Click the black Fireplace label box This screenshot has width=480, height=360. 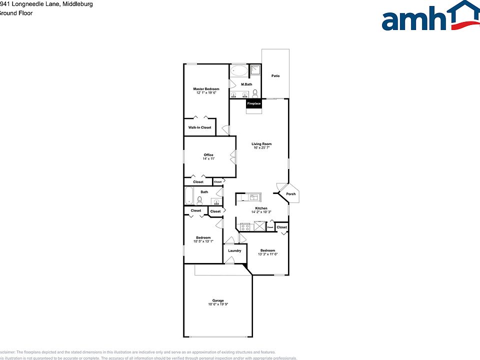pyautogui.click(x=253, y=103)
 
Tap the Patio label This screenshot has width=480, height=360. pyautogui.click(x=275, y=76)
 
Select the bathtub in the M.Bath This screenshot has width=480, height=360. pyautogui.click(x=239, y=71)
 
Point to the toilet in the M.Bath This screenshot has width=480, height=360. pyautogui.click(x=255, y=93)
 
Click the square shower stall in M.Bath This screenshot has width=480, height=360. pyautogui.click(x=255, y=70)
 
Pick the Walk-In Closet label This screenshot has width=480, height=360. pyautogui.click(x=199, y=127)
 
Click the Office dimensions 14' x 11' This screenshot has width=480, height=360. pyautogui.click(x=208, y=158)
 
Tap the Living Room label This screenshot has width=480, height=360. pyautogui.click(x=261, y=144)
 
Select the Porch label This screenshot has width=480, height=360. pyautogui.click(x=290, y=194)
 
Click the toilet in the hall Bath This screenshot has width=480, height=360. pyautogui.click(x=199, y=200)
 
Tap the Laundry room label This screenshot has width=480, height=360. pyautogui.click(x=234, y=250)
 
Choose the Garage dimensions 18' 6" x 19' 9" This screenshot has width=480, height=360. pyautogui.click(x=217, y=304)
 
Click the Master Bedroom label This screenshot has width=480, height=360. pyautogui.click(x=206, y=89)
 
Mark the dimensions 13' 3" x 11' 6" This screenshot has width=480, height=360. pyautogui.click(x=267, y=254)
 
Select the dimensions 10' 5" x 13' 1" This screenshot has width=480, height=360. pyautogui.click(x=203, y=241)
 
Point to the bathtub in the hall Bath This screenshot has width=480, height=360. pyautogui.click(x=189, y=196)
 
